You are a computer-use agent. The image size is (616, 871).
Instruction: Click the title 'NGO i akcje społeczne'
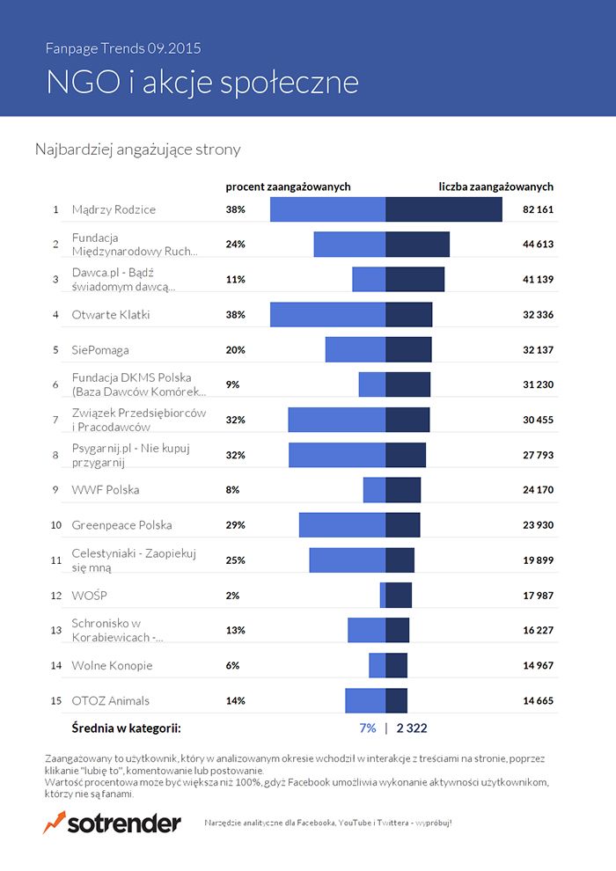pyautogui.click(x=202, y=81)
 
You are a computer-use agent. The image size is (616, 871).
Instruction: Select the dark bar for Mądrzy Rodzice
pyautogui.click(x=444, y=209)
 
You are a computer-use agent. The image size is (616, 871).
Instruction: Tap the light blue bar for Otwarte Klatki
pyautogui.click(x=327, y=314)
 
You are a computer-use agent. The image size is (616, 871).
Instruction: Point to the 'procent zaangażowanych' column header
pyautogui.click(x=288, y=187)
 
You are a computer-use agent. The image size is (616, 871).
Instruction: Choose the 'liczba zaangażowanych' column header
pyautogui.click(x=496, y=187)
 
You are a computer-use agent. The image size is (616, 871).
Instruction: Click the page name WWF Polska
pyautogui.click(x=106, y=489)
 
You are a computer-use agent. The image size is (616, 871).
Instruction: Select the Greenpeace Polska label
pyautogui.click(x=122, y=524)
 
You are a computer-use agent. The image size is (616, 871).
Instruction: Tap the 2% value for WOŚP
pyautogui.click(x=232, y=595)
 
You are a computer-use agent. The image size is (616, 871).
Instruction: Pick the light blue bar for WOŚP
pyautogui.click(x=383, y=595)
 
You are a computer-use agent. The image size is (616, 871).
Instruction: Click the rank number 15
pyautogui.click(x=55, y=700)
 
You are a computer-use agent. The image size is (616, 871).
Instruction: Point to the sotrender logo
pyautogui.click(x=112, y=823)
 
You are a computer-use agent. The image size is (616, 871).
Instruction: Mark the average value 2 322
pyautogui.click(x=412, y=728)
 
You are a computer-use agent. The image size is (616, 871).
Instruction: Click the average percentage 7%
pyautogui.click(x=368, y=728)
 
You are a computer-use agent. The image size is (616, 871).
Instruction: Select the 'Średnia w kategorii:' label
pyautogui.click(x=126, y=728)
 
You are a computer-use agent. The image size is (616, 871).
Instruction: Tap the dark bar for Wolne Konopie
pyautogui.click(x=396, y=665)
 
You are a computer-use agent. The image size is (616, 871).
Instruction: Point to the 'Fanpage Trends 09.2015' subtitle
pyautogui.click(x=128, y=48)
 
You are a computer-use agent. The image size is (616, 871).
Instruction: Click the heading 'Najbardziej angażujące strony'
pyautogui.click(x=137, y=150)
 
